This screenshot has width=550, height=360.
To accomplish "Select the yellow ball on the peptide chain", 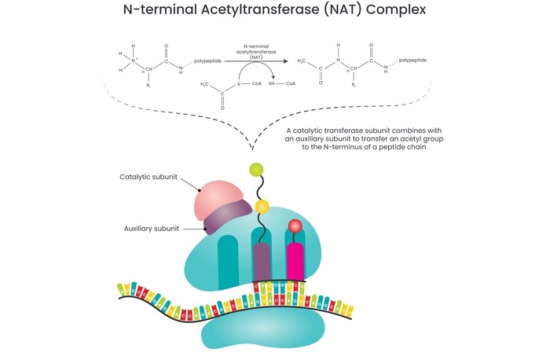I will tap(262, 207).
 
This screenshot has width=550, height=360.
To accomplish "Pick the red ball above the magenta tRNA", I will tap(295, 226).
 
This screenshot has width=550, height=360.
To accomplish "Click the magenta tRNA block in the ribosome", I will tap(295, 259).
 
